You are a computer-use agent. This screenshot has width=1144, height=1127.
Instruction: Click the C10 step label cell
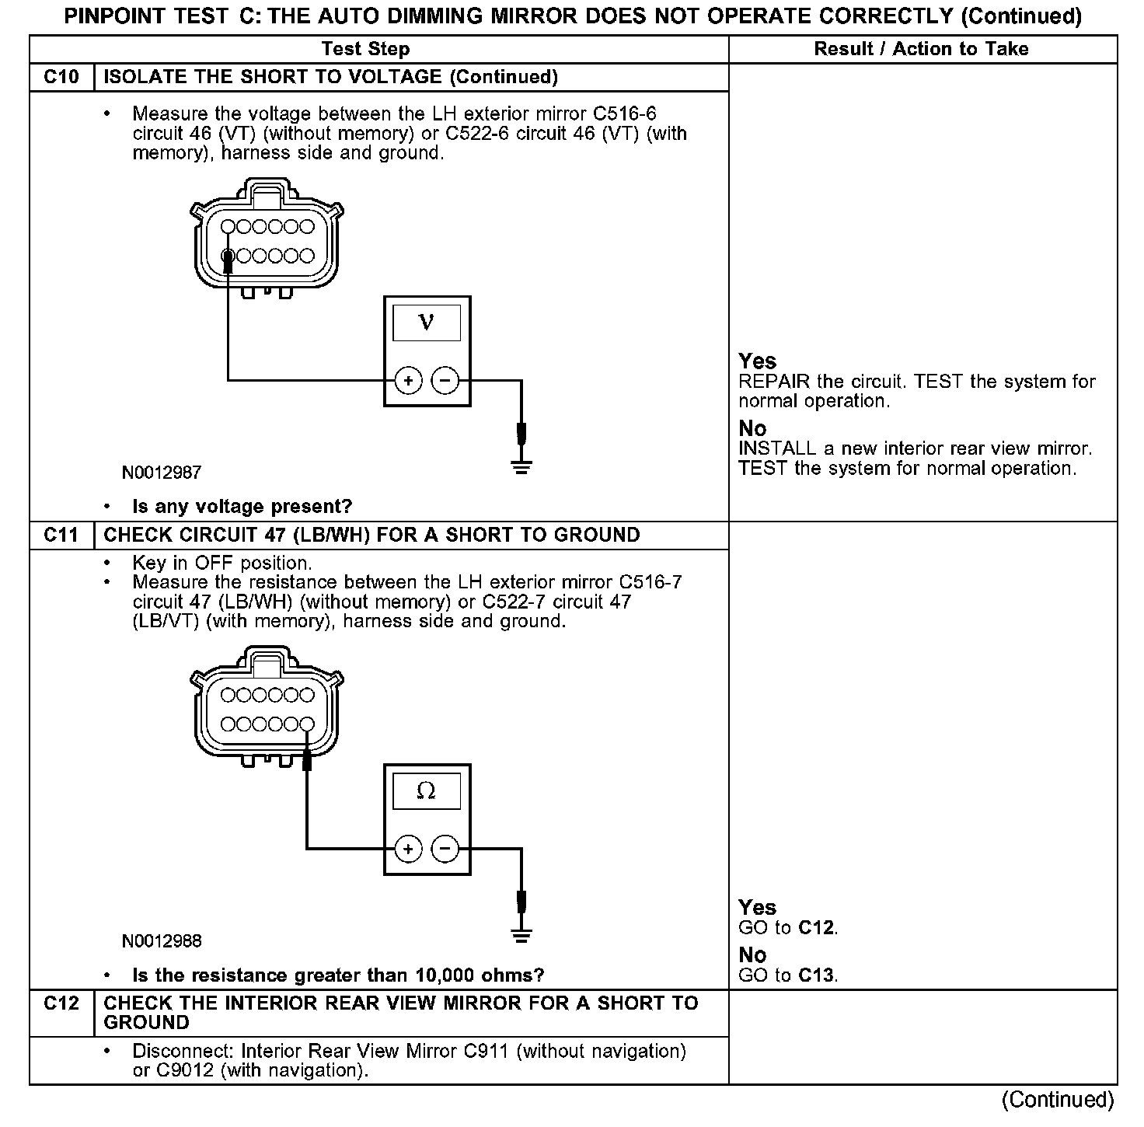(x=61, y=77)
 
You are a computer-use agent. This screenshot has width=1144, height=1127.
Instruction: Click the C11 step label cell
(x=61, y=535)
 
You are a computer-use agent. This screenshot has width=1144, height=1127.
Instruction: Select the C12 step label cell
(x=61, y=1003)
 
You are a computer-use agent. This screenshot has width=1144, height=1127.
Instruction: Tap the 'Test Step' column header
(x=365, y=49)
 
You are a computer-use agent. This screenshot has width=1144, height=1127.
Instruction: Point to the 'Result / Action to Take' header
(x=921, y=49)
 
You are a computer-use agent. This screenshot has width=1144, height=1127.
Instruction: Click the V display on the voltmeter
(x=427, y=323)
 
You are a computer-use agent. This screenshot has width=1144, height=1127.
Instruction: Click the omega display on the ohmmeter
(x=427, y=791)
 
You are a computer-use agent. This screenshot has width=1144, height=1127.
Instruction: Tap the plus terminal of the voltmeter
(x=408, y=381)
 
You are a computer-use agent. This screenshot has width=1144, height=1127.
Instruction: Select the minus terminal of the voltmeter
(x=445, y=381)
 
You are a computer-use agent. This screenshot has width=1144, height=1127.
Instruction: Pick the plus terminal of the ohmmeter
(x=408, y=848)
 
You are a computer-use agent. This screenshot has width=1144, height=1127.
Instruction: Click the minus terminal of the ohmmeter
(x=445, y=848)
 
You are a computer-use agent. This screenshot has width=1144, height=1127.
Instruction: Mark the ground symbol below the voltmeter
(x=521, y=467)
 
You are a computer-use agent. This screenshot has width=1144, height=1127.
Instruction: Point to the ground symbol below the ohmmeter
(x=521, y=935)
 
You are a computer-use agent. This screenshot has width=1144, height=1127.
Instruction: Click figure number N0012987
(x=162, y=473)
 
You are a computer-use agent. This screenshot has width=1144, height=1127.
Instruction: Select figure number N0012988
(x=162, y=941)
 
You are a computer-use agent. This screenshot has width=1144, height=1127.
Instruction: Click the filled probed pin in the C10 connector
(x=228, y=256)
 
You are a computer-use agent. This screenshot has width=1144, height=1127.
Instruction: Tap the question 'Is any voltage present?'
(x=242, y=507)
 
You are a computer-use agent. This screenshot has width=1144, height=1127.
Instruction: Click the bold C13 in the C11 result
(x=818, y=975)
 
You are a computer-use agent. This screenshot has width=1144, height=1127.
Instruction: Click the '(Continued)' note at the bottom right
(x=1058, y=1099)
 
